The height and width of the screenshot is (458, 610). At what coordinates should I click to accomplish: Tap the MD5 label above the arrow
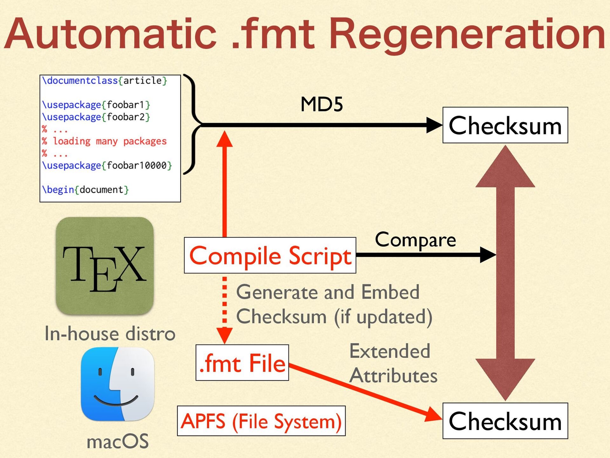click(x=322, y=104)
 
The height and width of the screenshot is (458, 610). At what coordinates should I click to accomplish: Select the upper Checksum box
click(x=505, y=125)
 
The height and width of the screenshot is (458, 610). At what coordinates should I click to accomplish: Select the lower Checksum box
click(x=505, y=421)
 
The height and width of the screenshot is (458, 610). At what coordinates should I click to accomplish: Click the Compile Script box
click(x=270, y=255)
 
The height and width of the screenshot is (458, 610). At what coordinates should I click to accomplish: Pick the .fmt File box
click(x=242, y=363)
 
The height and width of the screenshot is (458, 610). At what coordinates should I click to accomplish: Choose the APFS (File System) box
click(x=261, y=421)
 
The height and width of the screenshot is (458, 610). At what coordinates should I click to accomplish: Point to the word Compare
click(x=415, y=239)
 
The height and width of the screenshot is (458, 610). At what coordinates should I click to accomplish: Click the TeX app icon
click(x=105, y=266)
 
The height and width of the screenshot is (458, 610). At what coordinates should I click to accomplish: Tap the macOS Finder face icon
click(x=118, y=384)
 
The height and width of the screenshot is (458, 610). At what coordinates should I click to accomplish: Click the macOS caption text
click(x=118, y=441)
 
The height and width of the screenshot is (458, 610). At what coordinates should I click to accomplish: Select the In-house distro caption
click(x=110, y=334)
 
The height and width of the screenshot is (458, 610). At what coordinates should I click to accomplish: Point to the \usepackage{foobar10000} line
click(x=107, y=165)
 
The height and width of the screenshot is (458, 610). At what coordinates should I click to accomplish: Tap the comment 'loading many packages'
click(x=110, y=141)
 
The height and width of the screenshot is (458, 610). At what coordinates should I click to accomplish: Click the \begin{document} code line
click(x=85, y=190)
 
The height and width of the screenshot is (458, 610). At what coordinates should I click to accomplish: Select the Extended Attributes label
click(x=393, y=363)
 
